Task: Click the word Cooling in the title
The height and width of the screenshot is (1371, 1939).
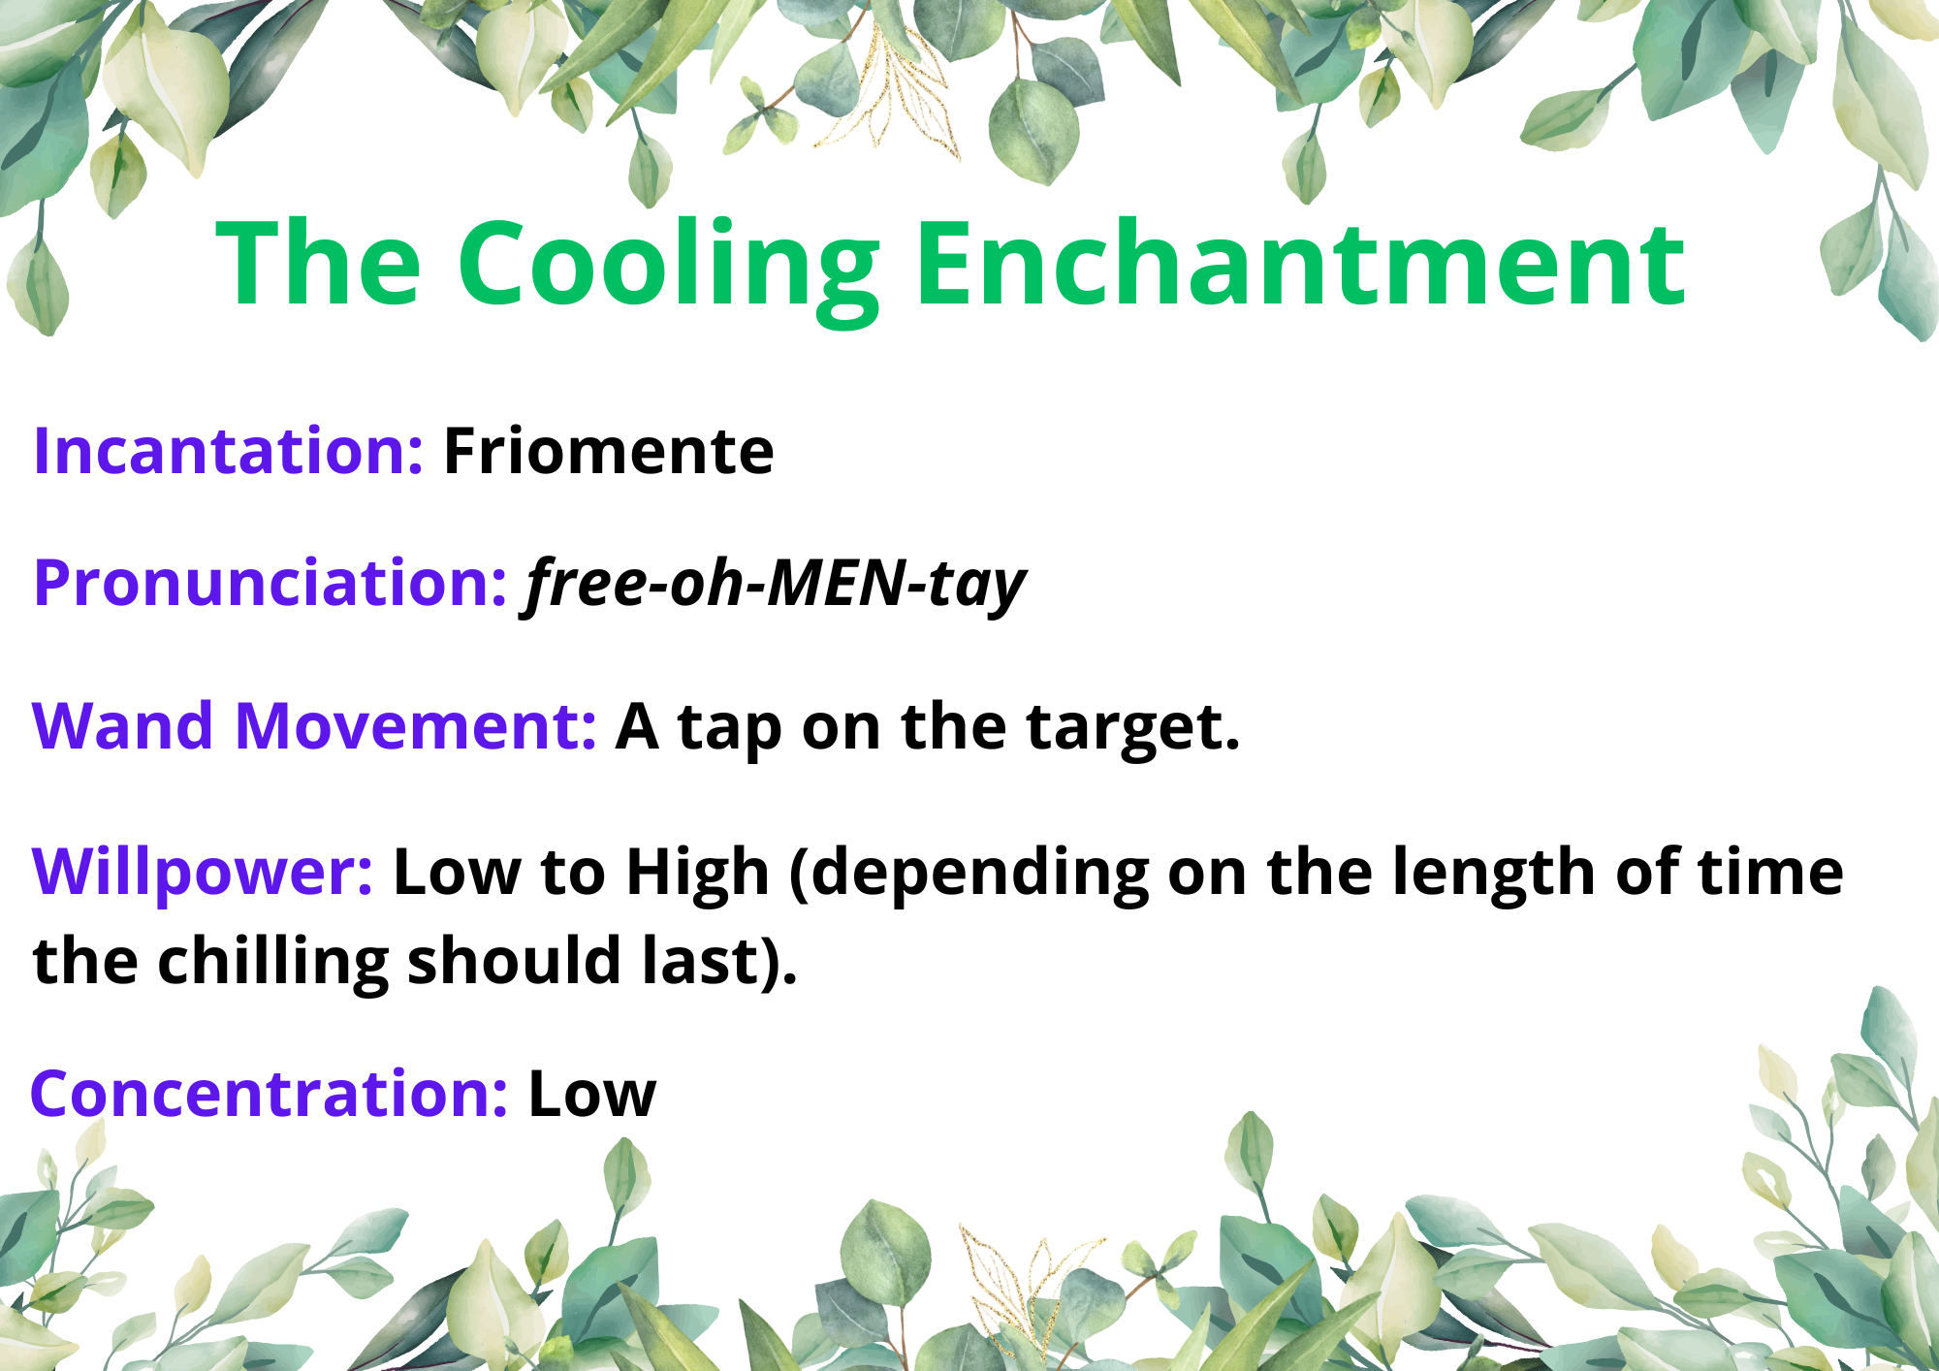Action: tap(669, 268)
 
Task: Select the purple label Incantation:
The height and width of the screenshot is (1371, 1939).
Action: tap(228, 451)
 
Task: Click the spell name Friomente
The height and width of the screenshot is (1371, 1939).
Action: tap(609, 451)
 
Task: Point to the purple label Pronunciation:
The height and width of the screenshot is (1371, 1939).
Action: tap(270, 585)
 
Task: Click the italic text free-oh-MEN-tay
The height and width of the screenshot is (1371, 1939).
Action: tap(776, 585)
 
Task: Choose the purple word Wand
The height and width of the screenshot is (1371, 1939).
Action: tap(122, 726)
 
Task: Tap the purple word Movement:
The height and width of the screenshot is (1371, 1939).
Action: tap(416, 726)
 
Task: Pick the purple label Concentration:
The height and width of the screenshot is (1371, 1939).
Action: tap(269, 1094)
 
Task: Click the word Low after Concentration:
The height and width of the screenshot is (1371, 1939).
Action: tap(592, 1095)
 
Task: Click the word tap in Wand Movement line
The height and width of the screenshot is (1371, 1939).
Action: tap(729, 730)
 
